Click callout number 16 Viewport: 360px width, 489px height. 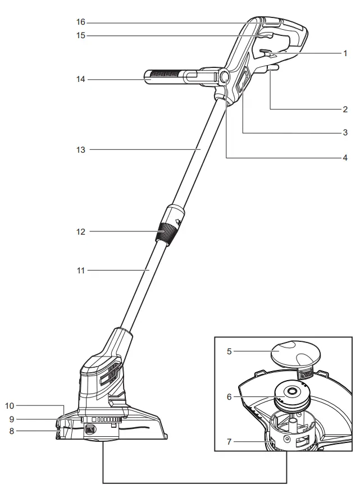pyautogui.click(x=80, y=22)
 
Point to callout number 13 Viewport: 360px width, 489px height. pyautogui.click(x=80, y=150)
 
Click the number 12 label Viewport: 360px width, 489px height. pyautogui.click(x=80, y=231)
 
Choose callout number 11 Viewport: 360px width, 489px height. pyautogui.click(x=80, y=271)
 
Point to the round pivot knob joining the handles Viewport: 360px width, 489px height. pyautogui.click(x=224, y=76)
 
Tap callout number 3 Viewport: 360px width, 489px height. pyautogui.click(x=346, y=132)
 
